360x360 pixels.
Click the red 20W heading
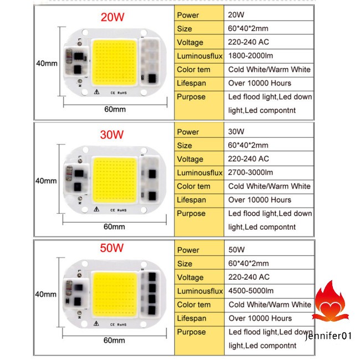(112, 17)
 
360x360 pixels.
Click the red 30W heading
(112, 134)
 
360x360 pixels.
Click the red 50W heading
(112, 247)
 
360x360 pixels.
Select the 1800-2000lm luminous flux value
(250, 56)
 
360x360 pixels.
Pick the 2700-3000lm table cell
(250, 173)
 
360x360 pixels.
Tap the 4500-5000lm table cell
(251, 291)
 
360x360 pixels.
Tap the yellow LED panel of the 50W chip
(115, 297)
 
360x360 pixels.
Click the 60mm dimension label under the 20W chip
(115, 109)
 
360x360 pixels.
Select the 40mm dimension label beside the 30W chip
(47, 181)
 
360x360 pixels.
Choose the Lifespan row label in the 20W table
(192, 83)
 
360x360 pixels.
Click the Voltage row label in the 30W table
(191, 159)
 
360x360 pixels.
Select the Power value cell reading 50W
(236, 250)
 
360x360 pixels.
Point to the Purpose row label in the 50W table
(192, 332)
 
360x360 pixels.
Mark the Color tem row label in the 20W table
(193, 70)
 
